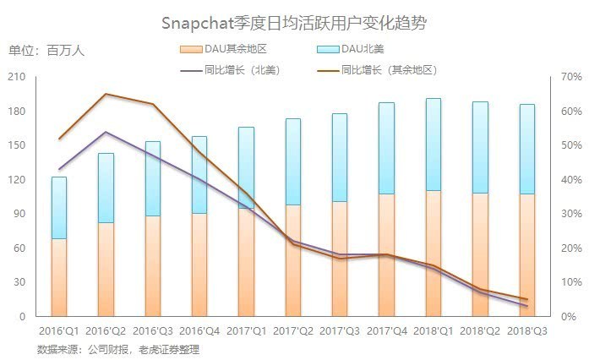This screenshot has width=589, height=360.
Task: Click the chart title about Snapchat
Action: [293, 22]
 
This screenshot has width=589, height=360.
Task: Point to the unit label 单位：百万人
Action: [46, 50]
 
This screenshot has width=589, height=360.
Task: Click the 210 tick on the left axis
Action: [18, 77]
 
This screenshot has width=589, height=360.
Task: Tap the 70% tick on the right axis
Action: [571, 77]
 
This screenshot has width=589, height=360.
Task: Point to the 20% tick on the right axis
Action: [571, 248]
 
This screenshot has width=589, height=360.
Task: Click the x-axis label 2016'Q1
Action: [59, 331]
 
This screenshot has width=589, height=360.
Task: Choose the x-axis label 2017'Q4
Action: [386, 331]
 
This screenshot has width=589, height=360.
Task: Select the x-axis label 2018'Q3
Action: [526, 331]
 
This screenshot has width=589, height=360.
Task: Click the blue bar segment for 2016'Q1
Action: [59, 207]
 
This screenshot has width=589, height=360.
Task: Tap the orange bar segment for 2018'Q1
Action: [433, 254]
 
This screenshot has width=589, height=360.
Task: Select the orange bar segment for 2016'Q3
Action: [152, 266]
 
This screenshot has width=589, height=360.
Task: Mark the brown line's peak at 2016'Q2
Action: [106, 94]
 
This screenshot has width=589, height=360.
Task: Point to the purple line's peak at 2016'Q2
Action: [106, 132]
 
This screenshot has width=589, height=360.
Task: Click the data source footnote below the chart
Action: [118, 349]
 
